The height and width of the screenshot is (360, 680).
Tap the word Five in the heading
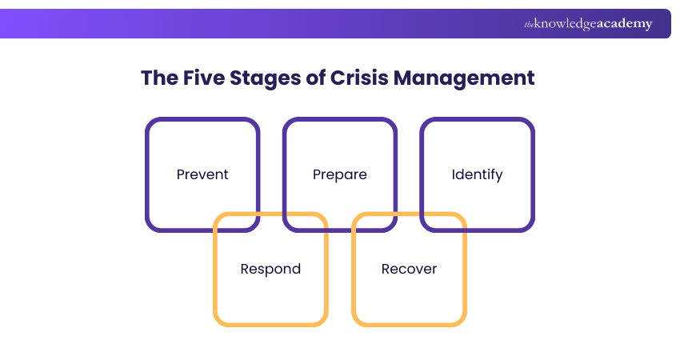coord(206,78)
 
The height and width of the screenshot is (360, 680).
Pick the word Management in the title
coord(462,78)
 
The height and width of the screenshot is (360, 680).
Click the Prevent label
coord(202,174)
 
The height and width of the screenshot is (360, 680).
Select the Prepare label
coord(340,174)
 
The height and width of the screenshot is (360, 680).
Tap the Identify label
coord(477,174)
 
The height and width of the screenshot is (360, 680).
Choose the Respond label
coord(270,269)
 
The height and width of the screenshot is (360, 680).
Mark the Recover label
coord(409,269)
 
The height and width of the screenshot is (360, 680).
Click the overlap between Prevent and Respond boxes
coord(237,222)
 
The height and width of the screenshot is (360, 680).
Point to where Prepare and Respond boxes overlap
coord(306,222)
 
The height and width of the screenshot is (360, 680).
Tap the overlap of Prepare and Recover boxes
coord(374,222)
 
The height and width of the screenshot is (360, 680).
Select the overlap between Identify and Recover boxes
coord(443,222)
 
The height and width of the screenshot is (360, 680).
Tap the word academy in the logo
coord(628,24)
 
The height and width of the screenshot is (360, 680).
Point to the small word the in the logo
coord(529,25)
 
